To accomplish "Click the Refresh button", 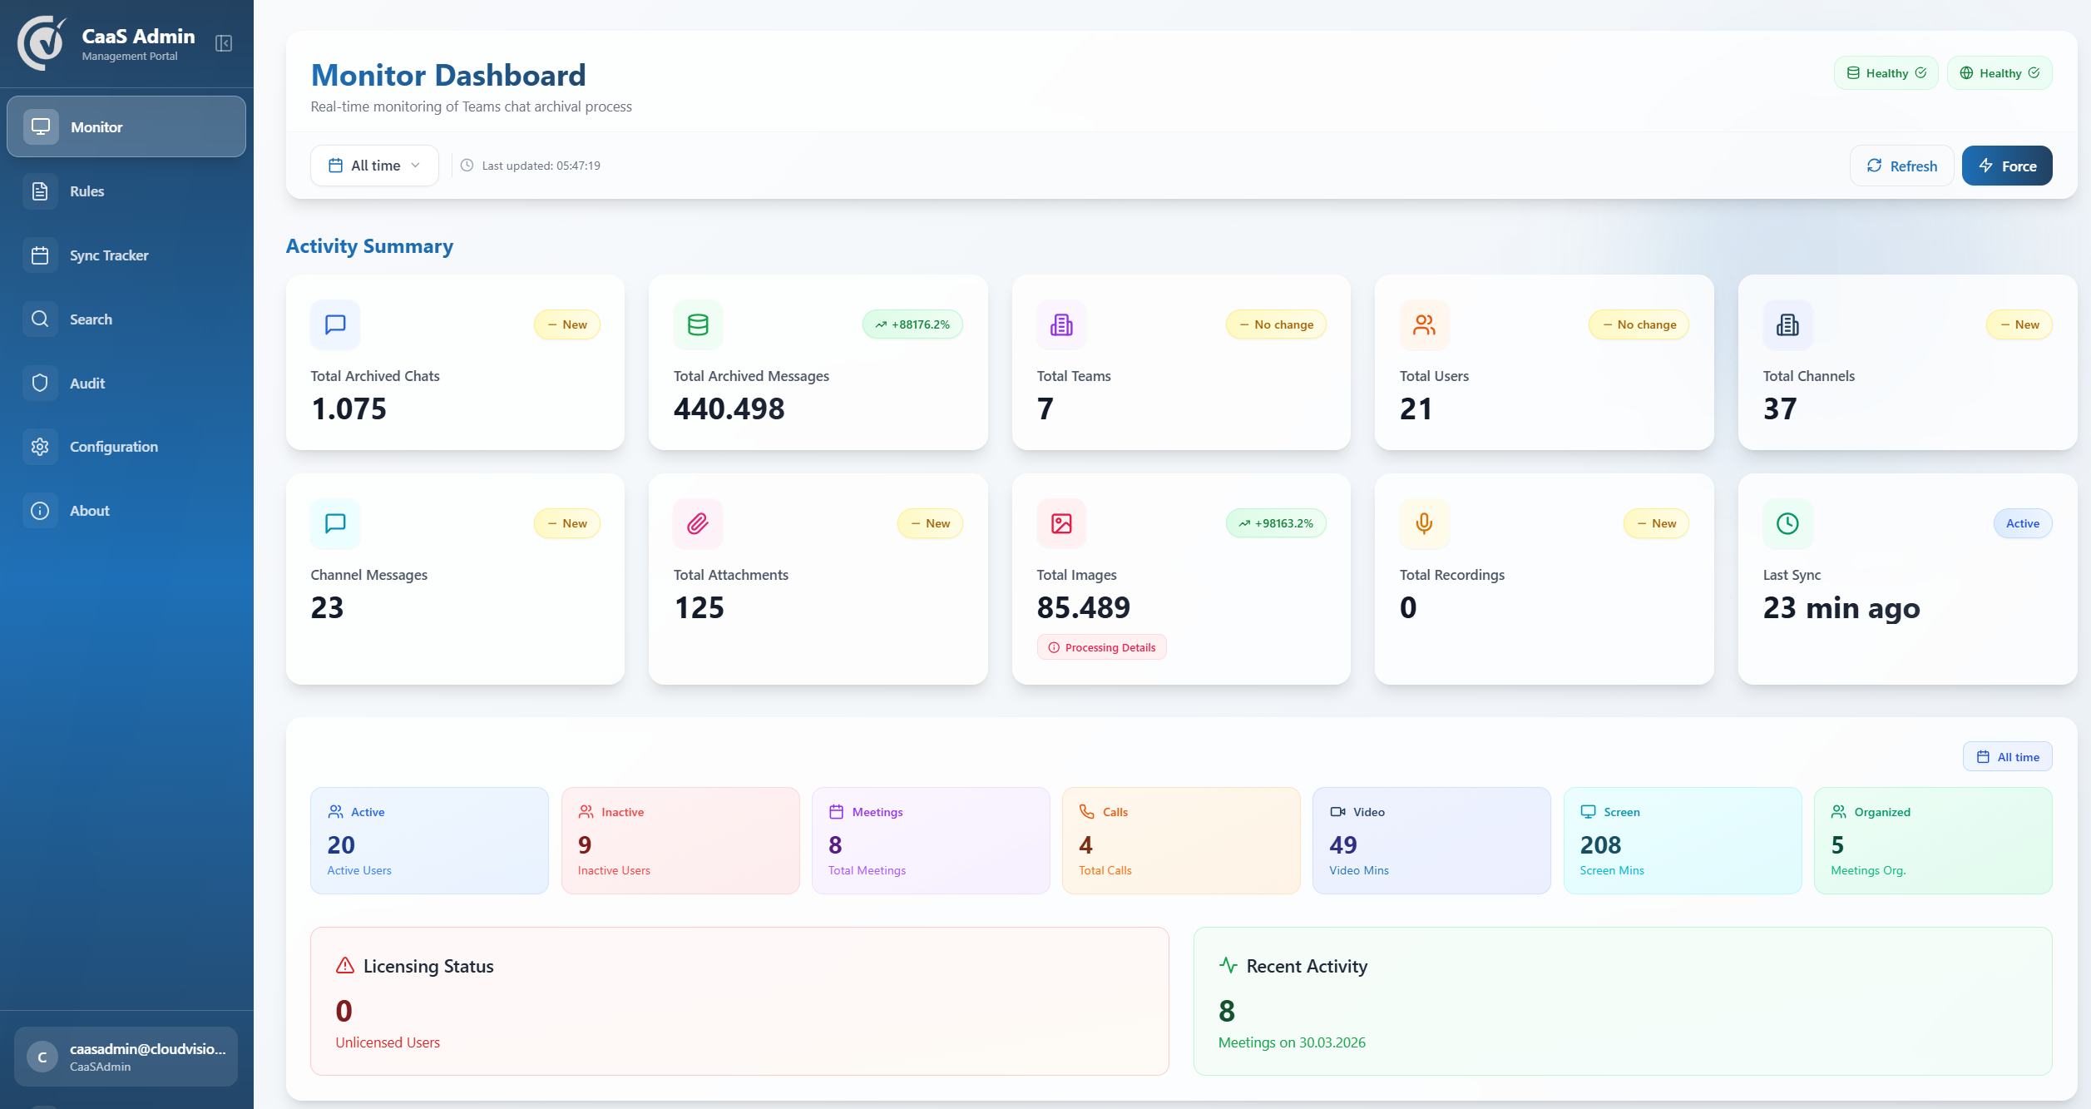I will [x=1901, y=166].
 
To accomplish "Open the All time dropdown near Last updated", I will [x=374, y=166].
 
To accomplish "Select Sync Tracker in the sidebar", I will [x=108, y=255].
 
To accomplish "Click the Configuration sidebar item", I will [x=113, y=447].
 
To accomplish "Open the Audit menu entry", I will [x=87, y=384].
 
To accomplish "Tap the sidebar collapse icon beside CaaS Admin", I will [x=224, y=43].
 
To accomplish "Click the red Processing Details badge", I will [x=1101, y=647].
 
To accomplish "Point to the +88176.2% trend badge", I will [x=912, y=324].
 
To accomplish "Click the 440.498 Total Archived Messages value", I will [x=729, y=408].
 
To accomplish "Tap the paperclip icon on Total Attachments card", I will [x=698, y=523].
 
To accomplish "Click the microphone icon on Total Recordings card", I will [x=1424, y=523].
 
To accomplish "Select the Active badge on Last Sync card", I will [x=2022, y=523].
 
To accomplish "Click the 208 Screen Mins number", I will [x=1600, y=845].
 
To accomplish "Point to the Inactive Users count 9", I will [x=585, y=845].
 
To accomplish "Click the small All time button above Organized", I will [x=2007, y=757].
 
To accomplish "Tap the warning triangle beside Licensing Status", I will [x=345, y=966].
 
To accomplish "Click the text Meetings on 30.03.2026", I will [x=1292, y=1042].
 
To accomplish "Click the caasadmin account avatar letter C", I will [x=42, y=1057].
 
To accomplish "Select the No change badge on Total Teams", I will [x=1276, y=324].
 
